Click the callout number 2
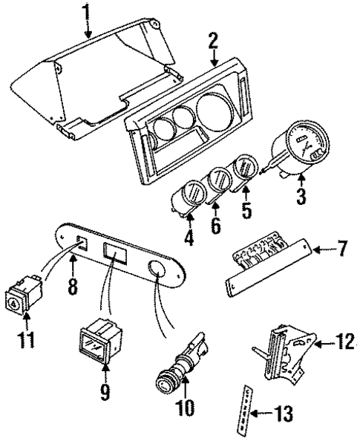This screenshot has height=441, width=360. click(x=213, y=42)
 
